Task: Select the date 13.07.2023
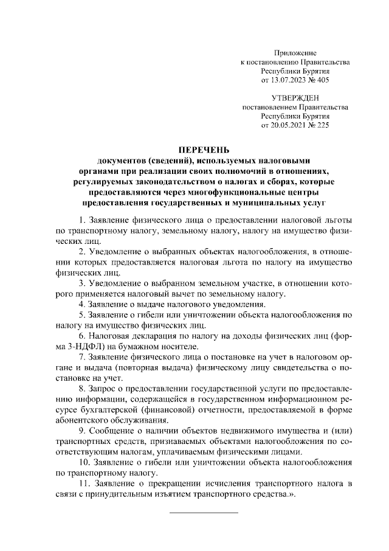(287, 80)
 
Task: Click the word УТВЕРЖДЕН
(295, 97)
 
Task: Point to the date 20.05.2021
(287, 123)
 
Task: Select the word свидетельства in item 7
(280, 367)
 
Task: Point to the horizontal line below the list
(204, 512)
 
